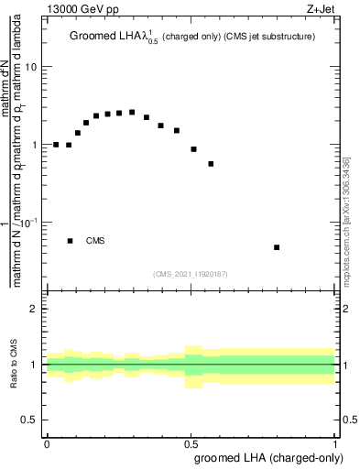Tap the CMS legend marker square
click(x=71, y=241)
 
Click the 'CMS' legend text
click(x=95, y=241)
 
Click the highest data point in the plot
click(x=132, y=112)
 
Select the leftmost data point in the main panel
click(x=56, y=145)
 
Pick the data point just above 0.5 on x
click(x=193, y=148)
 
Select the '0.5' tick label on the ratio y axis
click(x=30, y=420)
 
